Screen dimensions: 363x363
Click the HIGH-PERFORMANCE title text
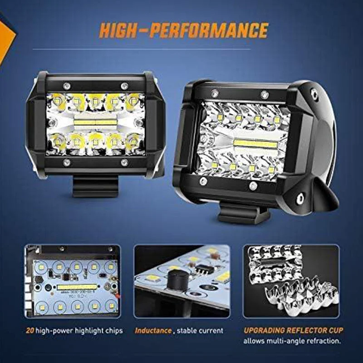tap(184, 30)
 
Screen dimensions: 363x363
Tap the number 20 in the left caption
tap(30, 330)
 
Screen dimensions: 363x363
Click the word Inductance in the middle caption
tap(153, 330)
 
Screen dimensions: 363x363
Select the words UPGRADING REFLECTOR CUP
tap(293, 330)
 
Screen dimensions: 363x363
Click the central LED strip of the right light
tap(255, 144)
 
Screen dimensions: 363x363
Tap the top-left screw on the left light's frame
tap(67, 86)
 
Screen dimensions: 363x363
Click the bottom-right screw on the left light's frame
tap(124, 162)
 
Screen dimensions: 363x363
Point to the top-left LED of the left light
tap(56, 100)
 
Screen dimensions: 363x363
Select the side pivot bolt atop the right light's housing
tap(314, 93)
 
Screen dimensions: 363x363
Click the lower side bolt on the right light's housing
tap(300, 199)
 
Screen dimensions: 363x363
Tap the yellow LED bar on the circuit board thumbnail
tap(77, 287)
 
